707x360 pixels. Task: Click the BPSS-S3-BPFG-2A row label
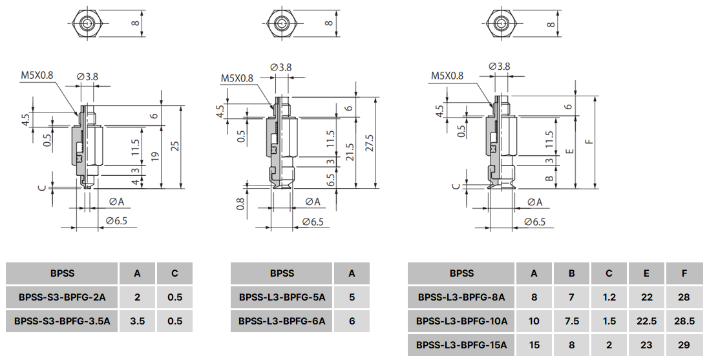pyautogui.click(x=62, y=298)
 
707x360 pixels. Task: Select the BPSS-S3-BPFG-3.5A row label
pyautogui.click(x=62, y=321)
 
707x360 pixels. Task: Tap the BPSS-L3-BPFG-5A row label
pyautogui.click(x=282, y=298)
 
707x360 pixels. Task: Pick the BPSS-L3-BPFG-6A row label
pyautogui.click(x=282, y=321)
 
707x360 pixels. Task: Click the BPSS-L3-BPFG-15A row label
pyautogui.click(x=461, y=345)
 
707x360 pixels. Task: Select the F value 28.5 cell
pyautogui.click(x=684, y=321)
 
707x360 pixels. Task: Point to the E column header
pyautogui.click(x=646, y=273)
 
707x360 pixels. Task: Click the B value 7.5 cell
pyautogui.click(x=571, y=321)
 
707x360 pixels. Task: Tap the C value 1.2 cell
pyautogui.click(x=609, y=298)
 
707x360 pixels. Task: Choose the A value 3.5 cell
pyautogui.click(x=137, y=321)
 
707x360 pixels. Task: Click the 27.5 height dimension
pyautogui.click(x=370, y=142)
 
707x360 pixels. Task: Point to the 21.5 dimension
pyautogui.click(x=350, y=153)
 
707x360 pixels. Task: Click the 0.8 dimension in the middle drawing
pyautogui.click(x=241, y=204)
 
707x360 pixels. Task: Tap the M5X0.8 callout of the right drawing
pyautogui.click(x=447, y=76)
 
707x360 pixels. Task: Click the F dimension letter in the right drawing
pyautogui.click(x=590, y=142)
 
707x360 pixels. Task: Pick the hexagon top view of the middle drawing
pyautogui.click(x=280, y=23)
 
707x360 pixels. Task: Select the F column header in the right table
pyautogui.click(x=684, y=273)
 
